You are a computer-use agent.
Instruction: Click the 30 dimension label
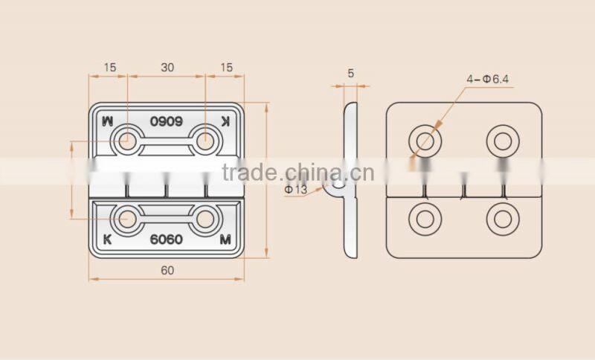[x=167, y=67]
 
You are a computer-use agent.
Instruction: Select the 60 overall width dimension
[x=167, y=271]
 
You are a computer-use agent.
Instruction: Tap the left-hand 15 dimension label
[x=109, y=67]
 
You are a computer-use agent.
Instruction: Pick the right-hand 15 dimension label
[x=226, y=67]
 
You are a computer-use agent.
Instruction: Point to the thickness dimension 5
[x=350, y=73]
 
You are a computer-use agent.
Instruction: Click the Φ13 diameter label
[x=295, y=189]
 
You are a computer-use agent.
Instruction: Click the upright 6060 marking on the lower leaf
[x=167, y=240]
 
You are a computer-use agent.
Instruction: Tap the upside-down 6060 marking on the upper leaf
[x=167, y=120]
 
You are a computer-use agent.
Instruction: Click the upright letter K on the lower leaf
[x=109, y=240]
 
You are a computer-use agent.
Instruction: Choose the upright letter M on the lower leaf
[x=225, y=240]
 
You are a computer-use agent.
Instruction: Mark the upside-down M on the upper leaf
[x=109, y=120]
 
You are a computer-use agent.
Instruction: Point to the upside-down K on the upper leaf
[x=226, y=120]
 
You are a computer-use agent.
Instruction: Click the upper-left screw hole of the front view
[x=127, y=140]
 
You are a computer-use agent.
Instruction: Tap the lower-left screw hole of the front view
[x=127, y=219]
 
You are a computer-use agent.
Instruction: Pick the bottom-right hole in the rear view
[x=501, y=219]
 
